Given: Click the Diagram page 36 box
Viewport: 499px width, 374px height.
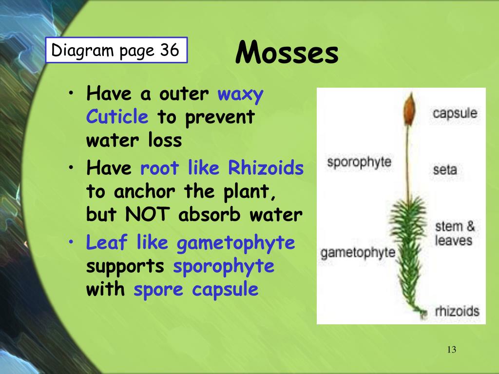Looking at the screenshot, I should pyautogui.click(x=116, y=50).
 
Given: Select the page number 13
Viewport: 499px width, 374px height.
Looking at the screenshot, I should pyautogui.click(x=451, y=350).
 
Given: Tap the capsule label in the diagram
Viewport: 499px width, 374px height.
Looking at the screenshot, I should pyautogui.click(x=455, y=113).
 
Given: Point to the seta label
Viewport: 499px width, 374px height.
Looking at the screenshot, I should pyautogui.click(x=444, y=170).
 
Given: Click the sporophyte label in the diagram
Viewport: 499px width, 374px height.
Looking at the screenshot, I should pyautogui.click(x=359, y=162).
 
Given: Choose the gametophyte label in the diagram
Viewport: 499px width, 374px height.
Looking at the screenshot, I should pyautogui.click(x=358, y=252).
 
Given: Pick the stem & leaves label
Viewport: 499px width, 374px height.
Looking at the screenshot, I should pyautogui.click(x=454, y=233).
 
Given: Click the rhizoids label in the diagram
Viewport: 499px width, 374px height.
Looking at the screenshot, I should pyautogui.click(x=457, y=311).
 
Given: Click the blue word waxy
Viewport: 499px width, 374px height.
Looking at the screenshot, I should pyautogui.click(x=240, y=93).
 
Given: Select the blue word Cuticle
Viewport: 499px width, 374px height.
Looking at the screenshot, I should pyautogui.click(x=117, y=117).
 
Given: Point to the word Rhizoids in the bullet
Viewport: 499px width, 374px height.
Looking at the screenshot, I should pyautogui.click(x=266, y=168).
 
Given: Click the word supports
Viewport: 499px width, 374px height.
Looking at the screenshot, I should pyautogui.click(x=126, y=266).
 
